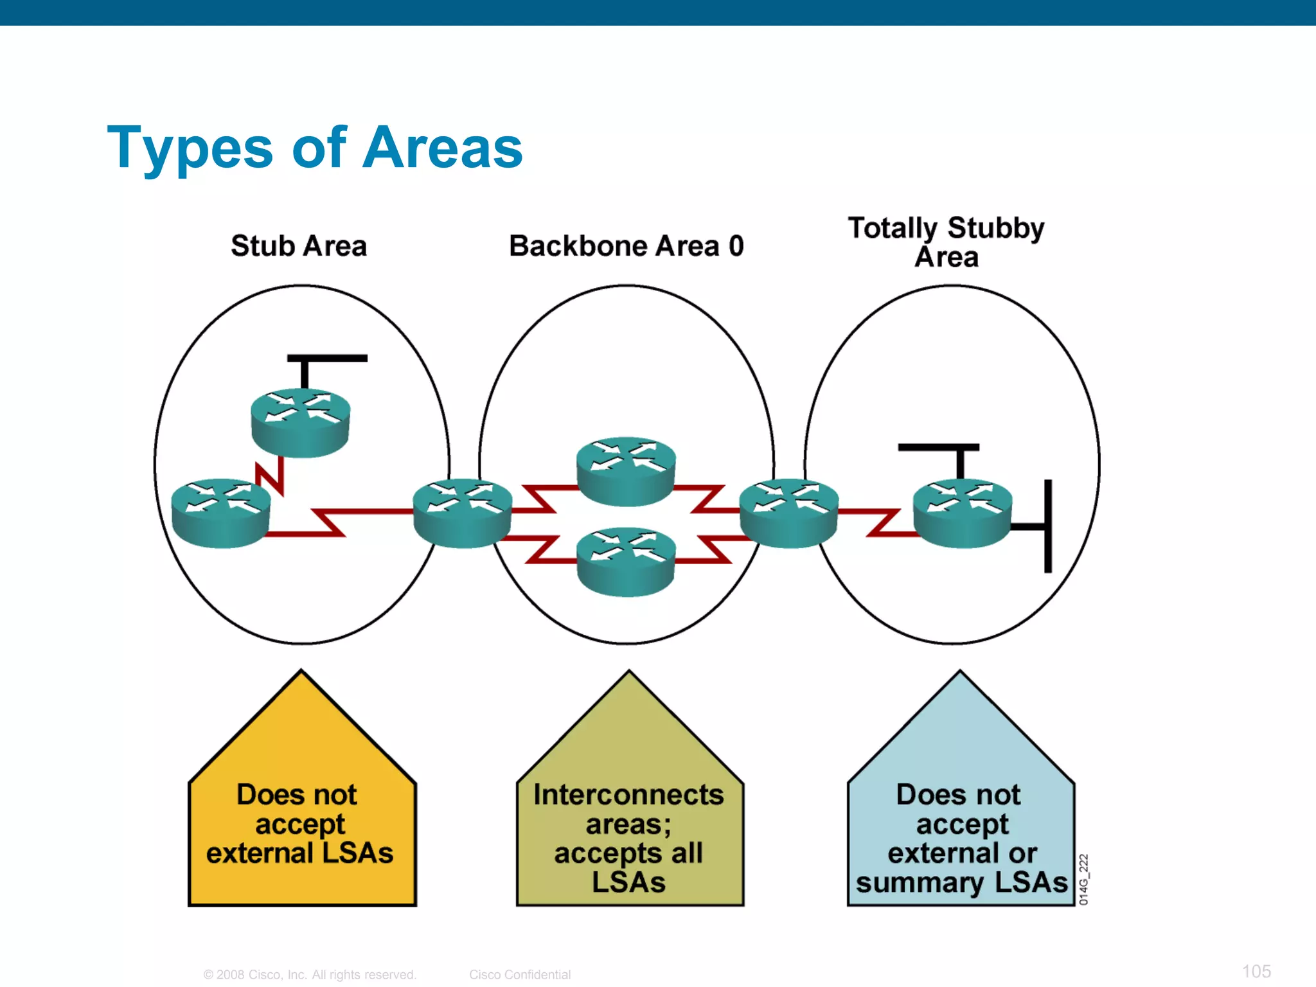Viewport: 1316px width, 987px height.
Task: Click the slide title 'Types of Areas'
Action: click(x=315, y=148)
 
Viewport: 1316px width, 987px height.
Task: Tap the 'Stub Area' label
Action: click(x=299, y=246)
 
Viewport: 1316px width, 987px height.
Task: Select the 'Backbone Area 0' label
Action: click(x=627, y=246)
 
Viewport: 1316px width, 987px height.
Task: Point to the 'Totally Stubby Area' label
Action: click(x=946, y=242)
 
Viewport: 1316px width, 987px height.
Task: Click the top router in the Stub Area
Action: click(x=300, y=422)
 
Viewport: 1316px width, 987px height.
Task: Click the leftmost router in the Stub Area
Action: click(x=221, y=512)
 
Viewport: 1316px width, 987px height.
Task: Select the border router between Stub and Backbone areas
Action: click(x=462, y=512)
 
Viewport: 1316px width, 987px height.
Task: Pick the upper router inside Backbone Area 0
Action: click(x=626, y=471)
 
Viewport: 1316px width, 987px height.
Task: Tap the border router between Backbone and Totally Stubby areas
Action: click(x=789, y=512)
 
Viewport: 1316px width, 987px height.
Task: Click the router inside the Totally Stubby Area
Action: click(x=962, y=512)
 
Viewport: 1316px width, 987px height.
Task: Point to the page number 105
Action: click(x=1256, y=971)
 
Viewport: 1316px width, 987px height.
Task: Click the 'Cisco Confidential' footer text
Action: click(x=520, y=974)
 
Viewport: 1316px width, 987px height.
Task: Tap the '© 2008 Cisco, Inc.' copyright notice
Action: click(x=310, y=974)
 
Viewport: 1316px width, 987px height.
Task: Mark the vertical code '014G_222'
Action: click(x=1083, y=879)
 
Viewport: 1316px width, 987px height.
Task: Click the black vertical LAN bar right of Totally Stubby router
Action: click(x=1048, y=526)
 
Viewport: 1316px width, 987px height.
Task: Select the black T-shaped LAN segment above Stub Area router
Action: click(x=326, y=359)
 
